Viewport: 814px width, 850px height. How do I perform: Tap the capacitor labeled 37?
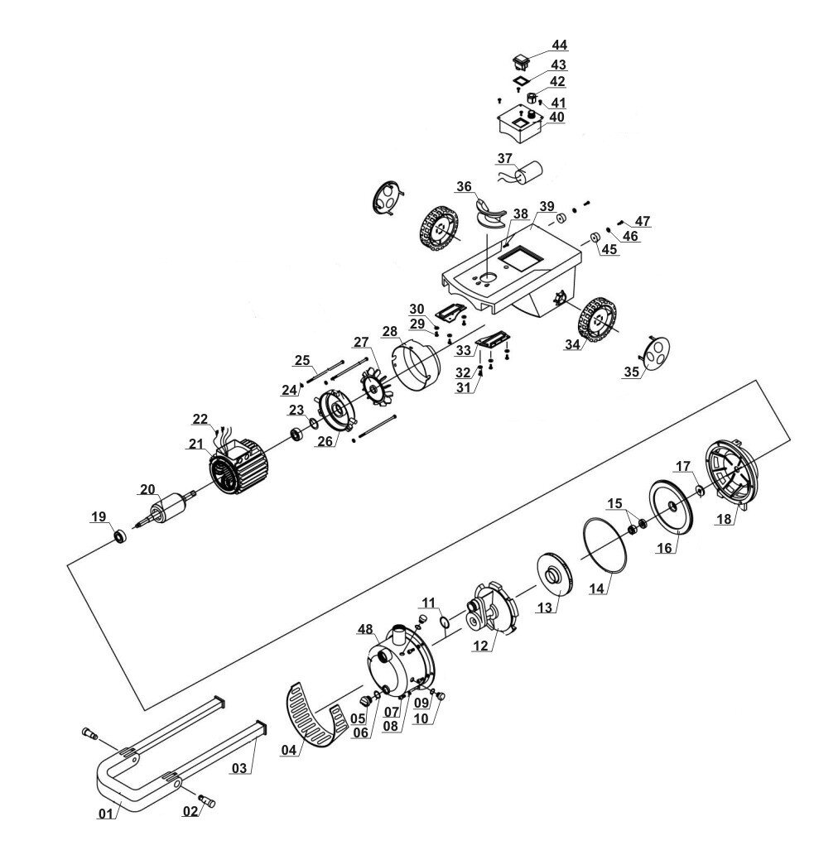527,175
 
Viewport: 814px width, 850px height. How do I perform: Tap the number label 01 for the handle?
105,814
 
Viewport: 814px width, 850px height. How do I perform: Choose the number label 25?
302,360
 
